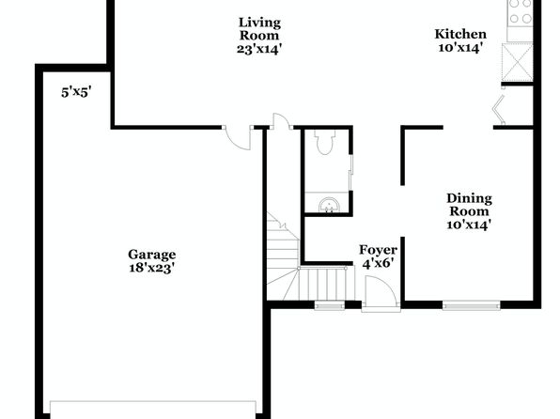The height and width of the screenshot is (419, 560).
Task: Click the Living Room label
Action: tap(259, 29)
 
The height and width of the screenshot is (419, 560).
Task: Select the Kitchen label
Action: tap(460, 35)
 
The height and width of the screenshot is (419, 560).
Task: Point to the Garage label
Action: tap(152, 255)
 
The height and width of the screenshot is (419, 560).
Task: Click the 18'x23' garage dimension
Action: tap(151, 268)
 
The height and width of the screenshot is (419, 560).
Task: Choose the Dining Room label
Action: tap(469, 205)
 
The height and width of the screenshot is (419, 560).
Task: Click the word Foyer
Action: tap(378, 250)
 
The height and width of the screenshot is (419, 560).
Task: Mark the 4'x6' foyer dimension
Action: tap(379, 264)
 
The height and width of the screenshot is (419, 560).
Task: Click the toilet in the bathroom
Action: tap(325, 142)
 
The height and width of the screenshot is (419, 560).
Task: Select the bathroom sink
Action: tap(329, 206)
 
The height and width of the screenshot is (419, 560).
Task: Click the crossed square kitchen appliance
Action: tap(518, 62)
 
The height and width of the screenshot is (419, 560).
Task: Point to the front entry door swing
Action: tap(381, 291)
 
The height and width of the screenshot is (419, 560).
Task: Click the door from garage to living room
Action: tap(238, 137)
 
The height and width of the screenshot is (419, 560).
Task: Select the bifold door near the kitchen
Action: tap(499, 109)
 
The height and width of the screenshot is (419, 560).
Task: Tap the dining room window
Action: tap(471, 305)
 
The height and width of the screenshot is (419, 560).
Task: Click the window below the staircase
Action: tap(329, 305)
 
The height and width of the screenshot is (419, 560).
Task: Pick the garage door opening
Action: tap(153, 410)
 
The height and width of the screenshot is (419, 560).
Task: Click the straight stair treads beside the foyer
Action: tap(322, 284)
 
